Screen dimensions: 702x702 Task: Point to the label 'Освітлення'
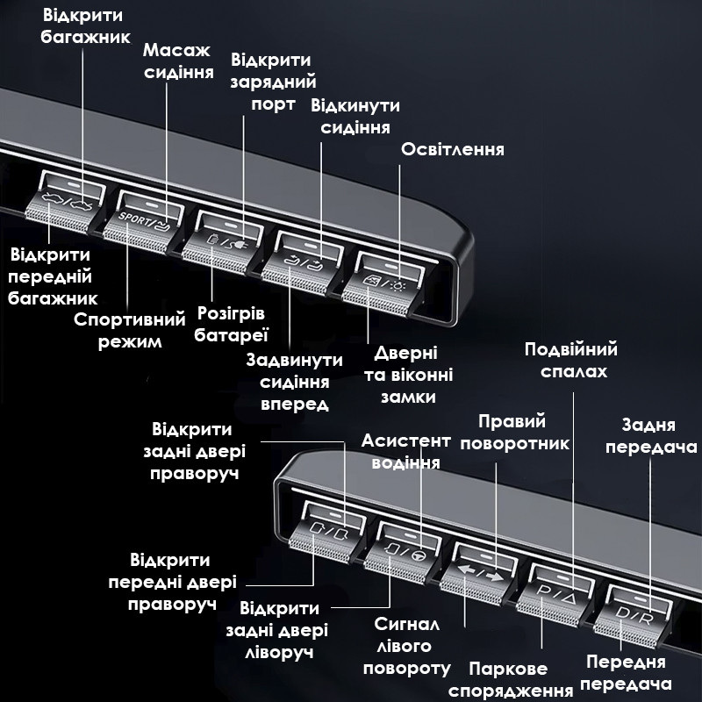[453, 149]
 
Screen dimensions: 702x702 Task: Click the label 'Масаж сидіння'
[178, 61]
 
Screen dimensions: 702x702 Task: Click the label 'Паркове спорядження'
[509, 680]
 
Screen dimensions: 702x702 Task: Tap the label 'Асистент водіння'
[406, 452]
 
